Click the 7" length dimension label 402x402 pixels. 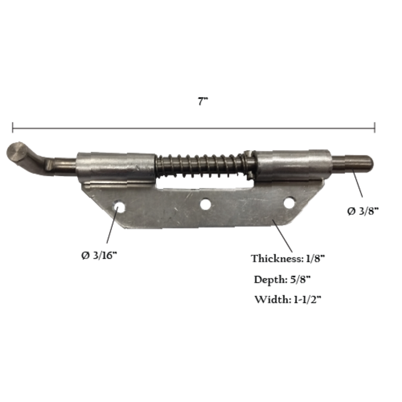203,101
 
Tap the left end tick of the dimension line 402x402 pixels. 13,128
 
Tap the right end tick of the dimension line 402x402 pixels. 374,128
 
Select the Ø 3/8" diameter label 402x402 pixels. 363,211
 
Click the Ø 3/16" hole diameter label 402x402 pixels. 99,256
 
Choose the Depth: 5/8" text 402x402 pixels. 282,279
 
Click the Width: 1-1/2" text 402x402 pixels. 288,299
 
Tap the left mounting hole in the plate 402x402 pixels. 119,207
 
